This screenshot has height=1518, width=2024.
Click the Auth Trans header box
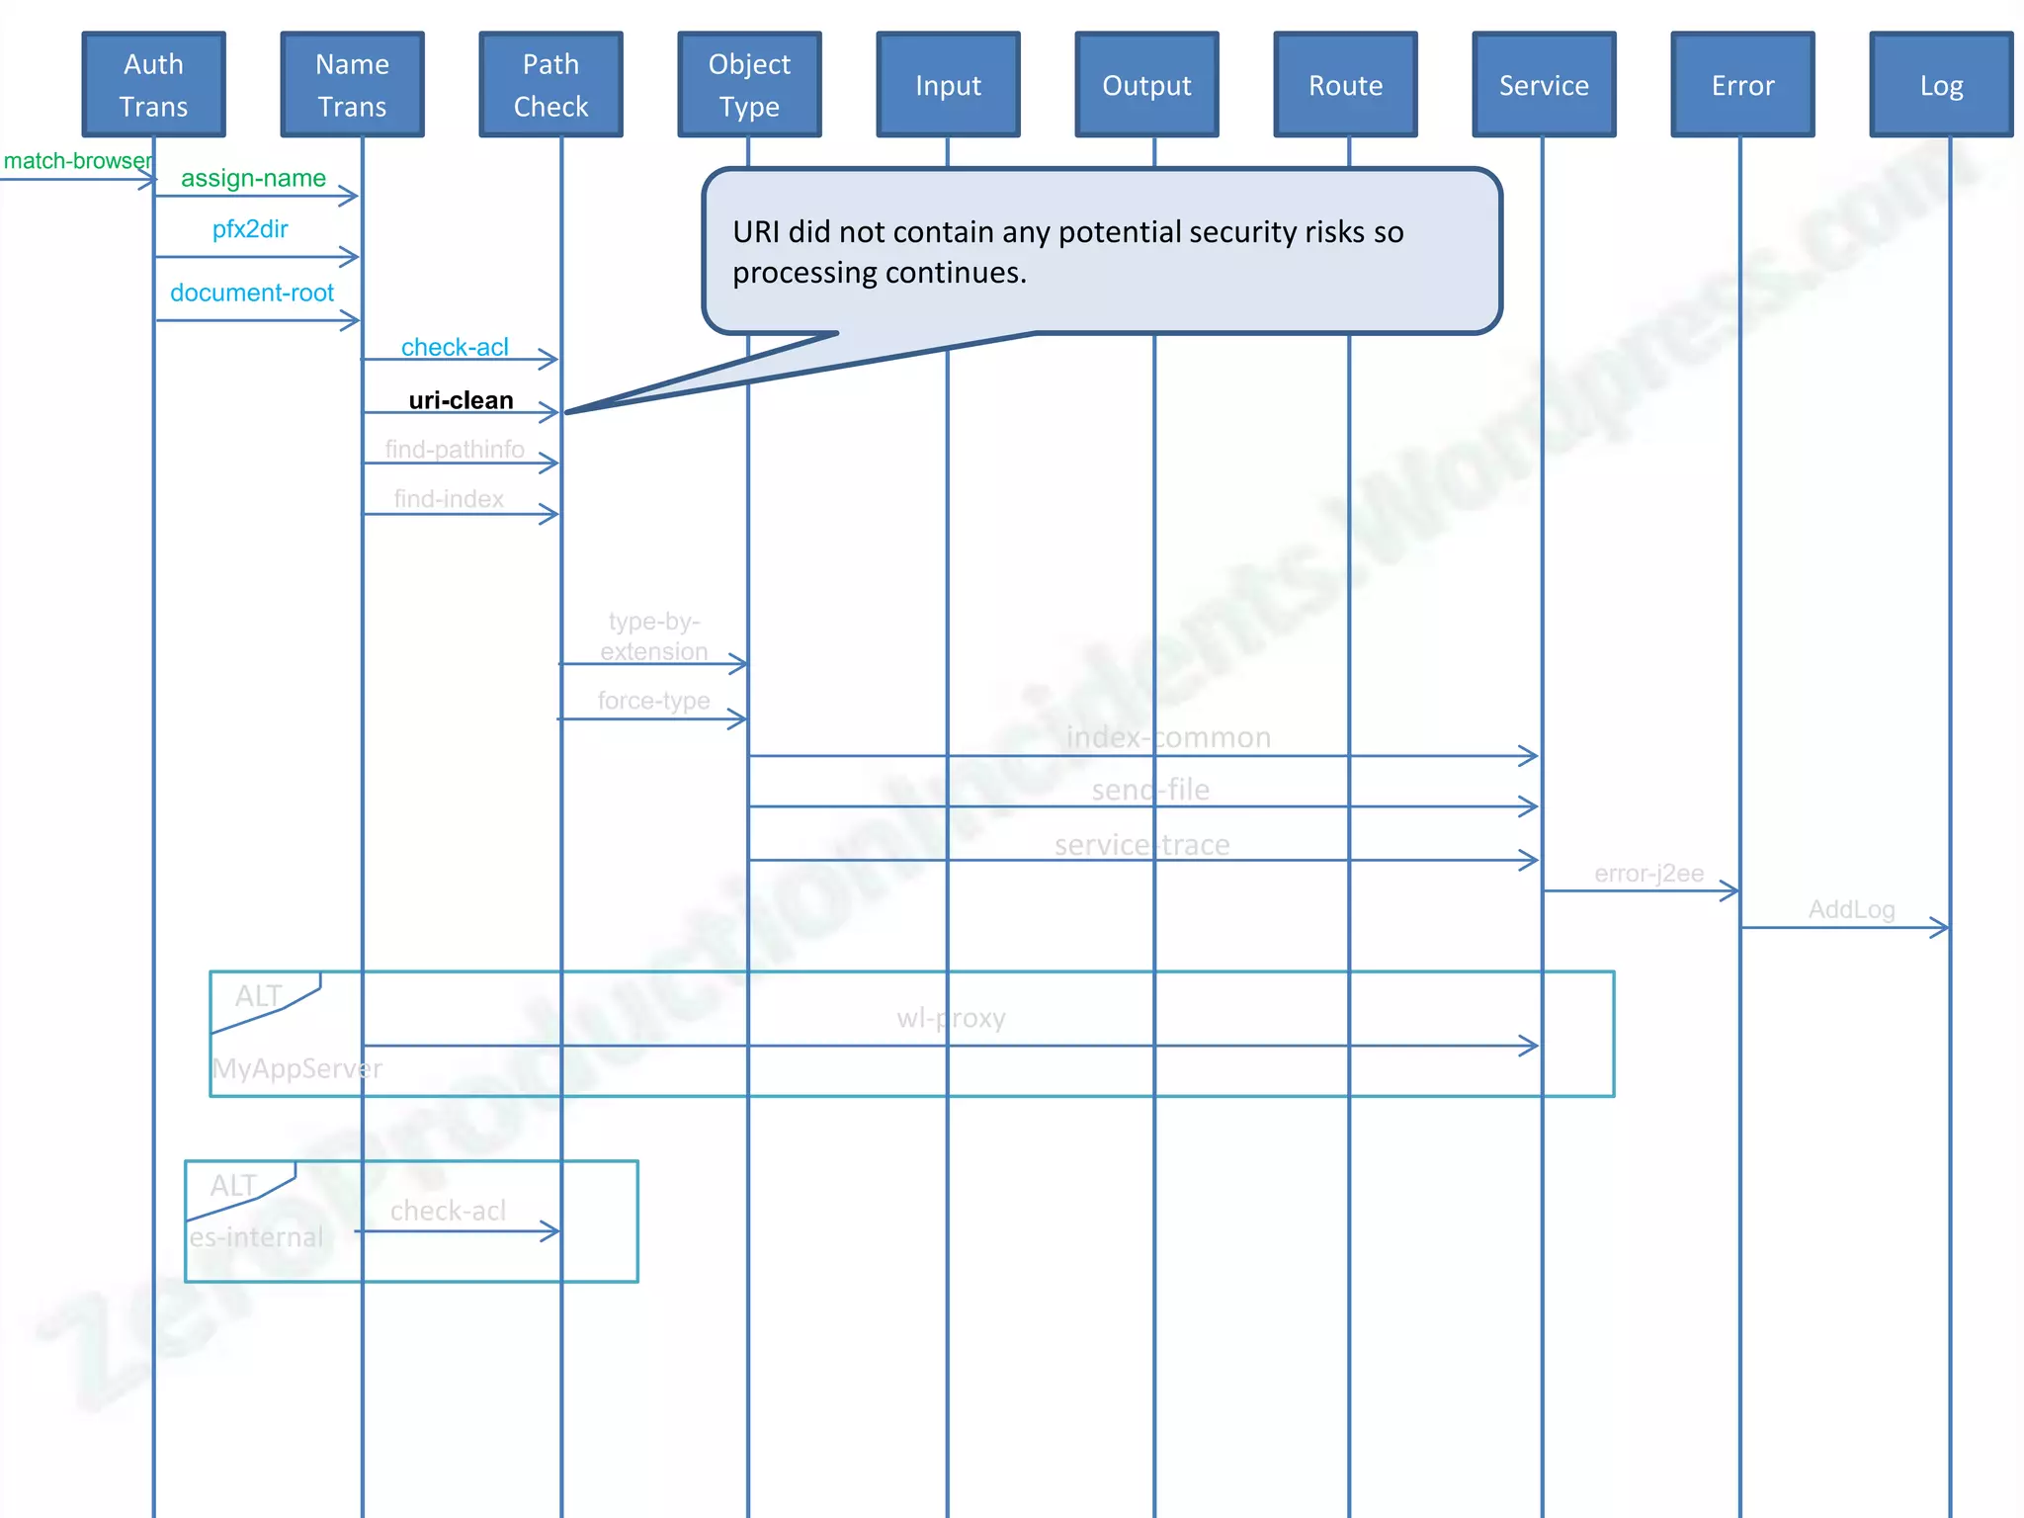tap(153, 85)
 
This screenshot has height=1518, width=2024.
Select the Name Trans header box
tap(352, 85)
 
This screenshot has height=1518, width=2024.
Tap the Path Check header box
tap(550, 85)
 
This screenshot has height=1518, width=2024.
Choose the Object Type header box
tap(749, 85)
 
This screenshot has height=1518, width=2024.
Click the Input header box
tap(948, 85)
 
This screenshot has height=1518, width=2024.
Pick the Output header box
tap(1146, 85)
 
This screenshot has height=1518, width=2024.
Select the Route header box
tap(1345, 85)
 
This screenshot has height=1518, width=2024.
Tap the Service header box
tap(1544, 85)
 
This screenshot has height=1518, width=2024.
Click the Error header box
tap(1742, 85)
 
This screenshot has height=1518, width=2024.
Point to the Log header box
tap(1941, 85)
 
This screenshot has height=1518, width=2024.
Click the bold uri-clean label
tap(461, 400)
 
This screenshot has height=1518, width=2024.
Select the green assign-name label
tap(253, 178)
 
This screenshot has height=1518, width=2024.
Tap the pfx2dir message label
tap(250, 229)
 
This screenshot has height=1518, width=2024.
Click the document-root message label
tap(252, 293)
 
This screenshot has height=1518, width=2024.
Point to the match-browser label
tap(77, 161)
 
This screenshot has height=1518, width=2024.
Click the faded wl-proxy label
tap(951, 1018)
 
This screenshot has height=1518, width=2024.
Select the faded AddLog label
tap(1851, 909)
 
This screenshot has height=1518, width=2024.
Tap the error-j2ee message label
tap(1648, 874)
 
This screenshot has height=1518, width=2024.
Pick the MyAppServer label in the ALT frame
tap(296, 1068)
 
